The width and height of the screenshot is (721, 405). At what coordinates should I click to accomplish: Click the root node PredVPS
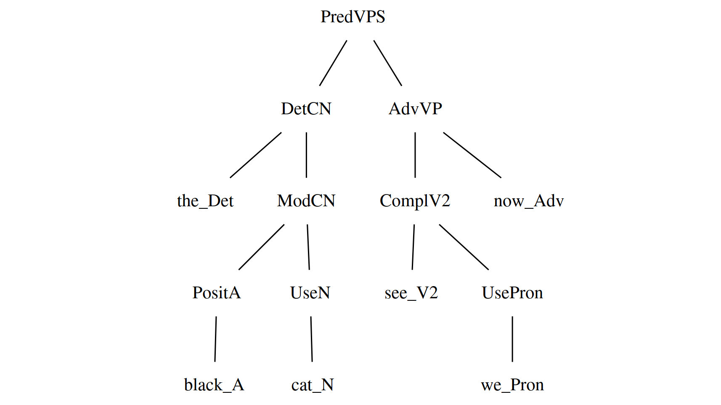(353, 17)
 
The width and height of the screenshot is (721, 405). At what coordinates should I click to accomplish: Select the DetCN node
(306, 109)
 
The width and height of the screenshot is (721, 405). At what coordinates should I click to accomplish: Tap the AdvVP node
(415, 109)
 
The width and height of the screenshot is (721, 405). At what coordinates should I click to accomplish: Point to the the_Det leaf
(205, 201)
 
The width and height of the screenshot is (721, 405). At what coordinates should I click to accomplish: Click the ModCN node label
(306, 201)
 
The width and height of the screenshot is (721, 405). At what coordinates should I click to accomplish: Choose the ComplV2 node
(415, 201)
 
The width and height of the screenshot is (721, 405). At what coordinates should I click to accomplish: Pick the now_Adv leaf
(528, 201)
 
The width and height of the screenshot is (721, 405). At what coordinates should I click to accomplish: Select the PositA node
(216, 293)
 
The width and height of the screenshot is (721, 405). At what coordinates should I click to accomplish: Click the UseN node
(310, 293)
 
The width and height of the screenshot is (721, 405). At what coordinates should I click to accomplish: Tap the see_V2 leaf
(411, 293)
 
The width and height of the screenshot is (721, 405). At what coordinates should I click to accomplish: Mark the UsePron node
(512, 293)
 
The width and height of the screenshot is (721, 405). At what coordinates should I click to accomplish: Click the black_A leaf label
(214, 385)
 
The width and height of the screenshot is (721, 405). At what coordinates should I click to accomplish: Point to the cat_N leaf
(312, 385)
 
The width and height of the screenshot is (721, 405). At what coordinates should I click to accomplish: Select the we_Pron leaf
(512, 385)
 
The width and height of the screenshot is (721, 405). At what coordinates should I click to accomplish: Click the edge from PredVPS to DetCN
(333, 63)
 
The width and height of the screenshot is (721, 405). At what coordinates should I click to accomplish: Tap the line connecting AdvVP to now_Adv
(472, 155)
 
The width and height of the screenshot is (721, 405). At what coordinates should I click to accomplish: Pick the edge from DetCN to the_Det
(256, 155)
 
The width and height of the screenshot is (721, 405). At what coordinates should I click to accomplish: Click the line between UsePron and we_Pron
(512, 339)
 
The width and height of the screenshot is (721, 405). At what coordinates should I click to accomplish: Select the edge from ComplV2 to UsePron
(464, 247)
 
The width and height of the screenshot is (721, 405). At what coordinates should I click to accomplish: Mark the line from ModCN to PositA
(262, 247)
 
